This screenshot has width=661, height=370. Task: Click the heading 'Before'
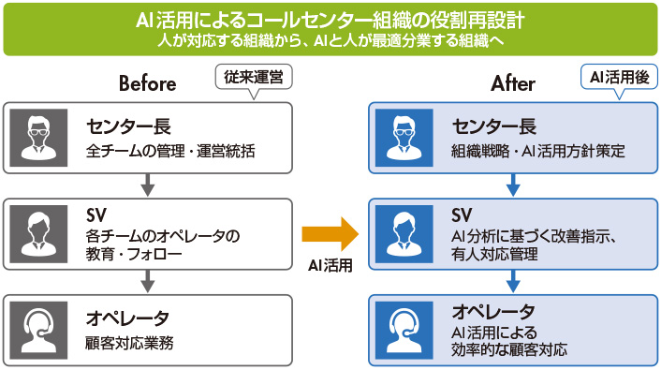(147, 84)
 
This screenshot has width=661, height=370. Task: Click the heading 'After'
(513, 84)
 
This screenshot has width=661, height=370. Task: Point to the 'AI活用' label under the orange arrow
(330, 265)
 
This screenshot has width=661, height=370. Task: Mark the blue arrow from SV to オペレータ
(513, 280)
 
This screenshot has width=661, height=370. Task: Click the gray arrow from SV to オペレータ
(147, 280)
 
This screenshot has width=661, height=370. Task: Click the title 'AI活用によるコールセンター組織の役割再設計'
(330, 21)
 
